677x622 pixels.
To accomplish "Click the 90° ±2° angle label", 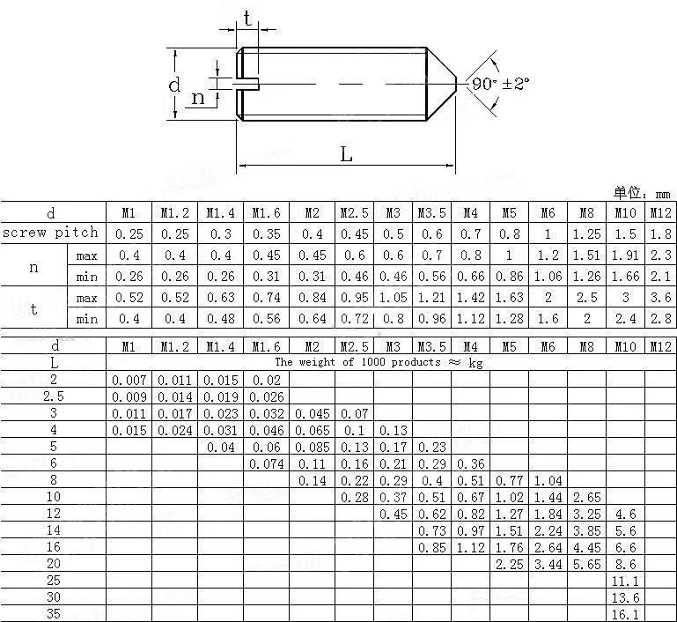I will (x=501, y=84).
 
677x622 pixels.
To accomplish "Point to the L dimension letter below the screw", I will (x=346, y=154).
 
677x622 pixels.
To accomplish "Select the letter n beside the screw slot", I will (x=198, y=97).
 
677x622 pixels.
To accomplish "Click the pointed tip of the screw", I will (x=455, y=84).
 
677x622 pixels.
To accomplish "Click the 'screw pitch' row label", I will (x=50, y=233).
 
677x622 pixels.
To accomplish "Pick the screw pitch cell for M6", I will (x=548, y=233).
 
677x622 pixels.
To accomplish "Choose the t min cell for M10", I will (x=625, y=319).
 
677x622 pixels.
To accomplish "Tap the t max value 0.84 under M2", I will (x=312, y=298).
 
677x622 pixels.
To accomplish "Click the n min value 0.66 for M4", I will (x=470, y=277).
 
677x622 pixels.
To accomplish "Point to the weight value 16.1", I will (x=625, y=614).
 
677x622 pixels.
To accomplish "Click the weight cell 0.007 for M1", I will (x=129, y=380).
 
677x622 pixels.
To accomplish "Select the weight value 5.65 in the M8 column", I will (x=586, y=564).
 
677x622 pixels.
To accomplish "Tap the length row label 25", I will (x=54, y=581).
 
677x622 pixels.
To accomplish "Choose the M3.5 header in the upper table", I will (x=431, y=212).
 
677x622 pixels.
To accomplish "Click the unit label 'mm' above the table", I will (x=662, y=194).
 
